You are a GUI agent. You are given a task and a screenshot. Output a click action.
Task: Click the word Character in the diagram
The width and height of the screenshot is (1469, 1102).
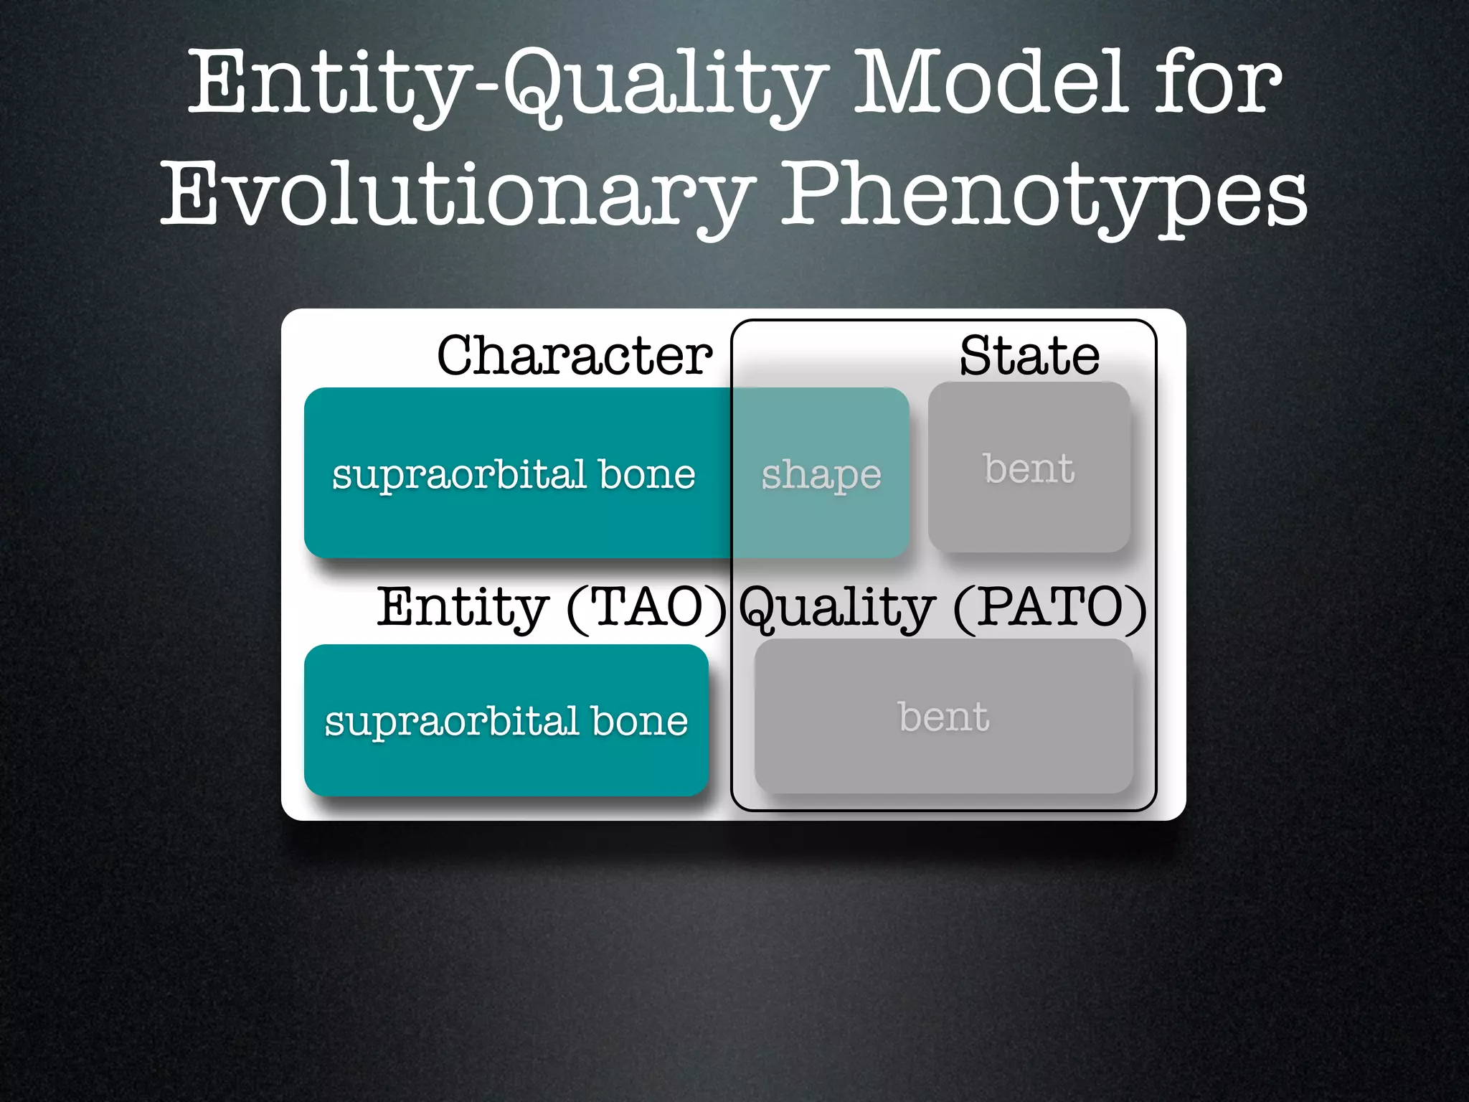point(575,356)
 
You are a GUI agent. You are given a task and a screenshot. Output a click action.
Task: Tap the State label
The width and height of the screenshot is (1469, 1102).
point(1029,356)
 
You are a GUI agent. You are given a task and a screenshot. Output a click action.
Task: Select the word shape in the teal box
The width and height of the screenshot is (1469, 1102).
point(821,475)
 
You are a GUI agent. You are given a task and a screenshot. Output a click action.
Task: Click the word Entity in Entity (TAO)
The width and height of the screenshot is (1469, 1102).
point(463,608)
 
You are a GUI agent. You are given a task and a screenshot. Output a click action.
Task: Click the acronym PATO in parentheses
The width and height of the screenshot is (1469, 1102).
point(1050,608)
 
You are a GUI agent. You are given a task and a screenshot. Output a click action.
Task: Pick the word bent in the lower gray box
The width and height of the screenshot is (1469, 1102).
point(943,717)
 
